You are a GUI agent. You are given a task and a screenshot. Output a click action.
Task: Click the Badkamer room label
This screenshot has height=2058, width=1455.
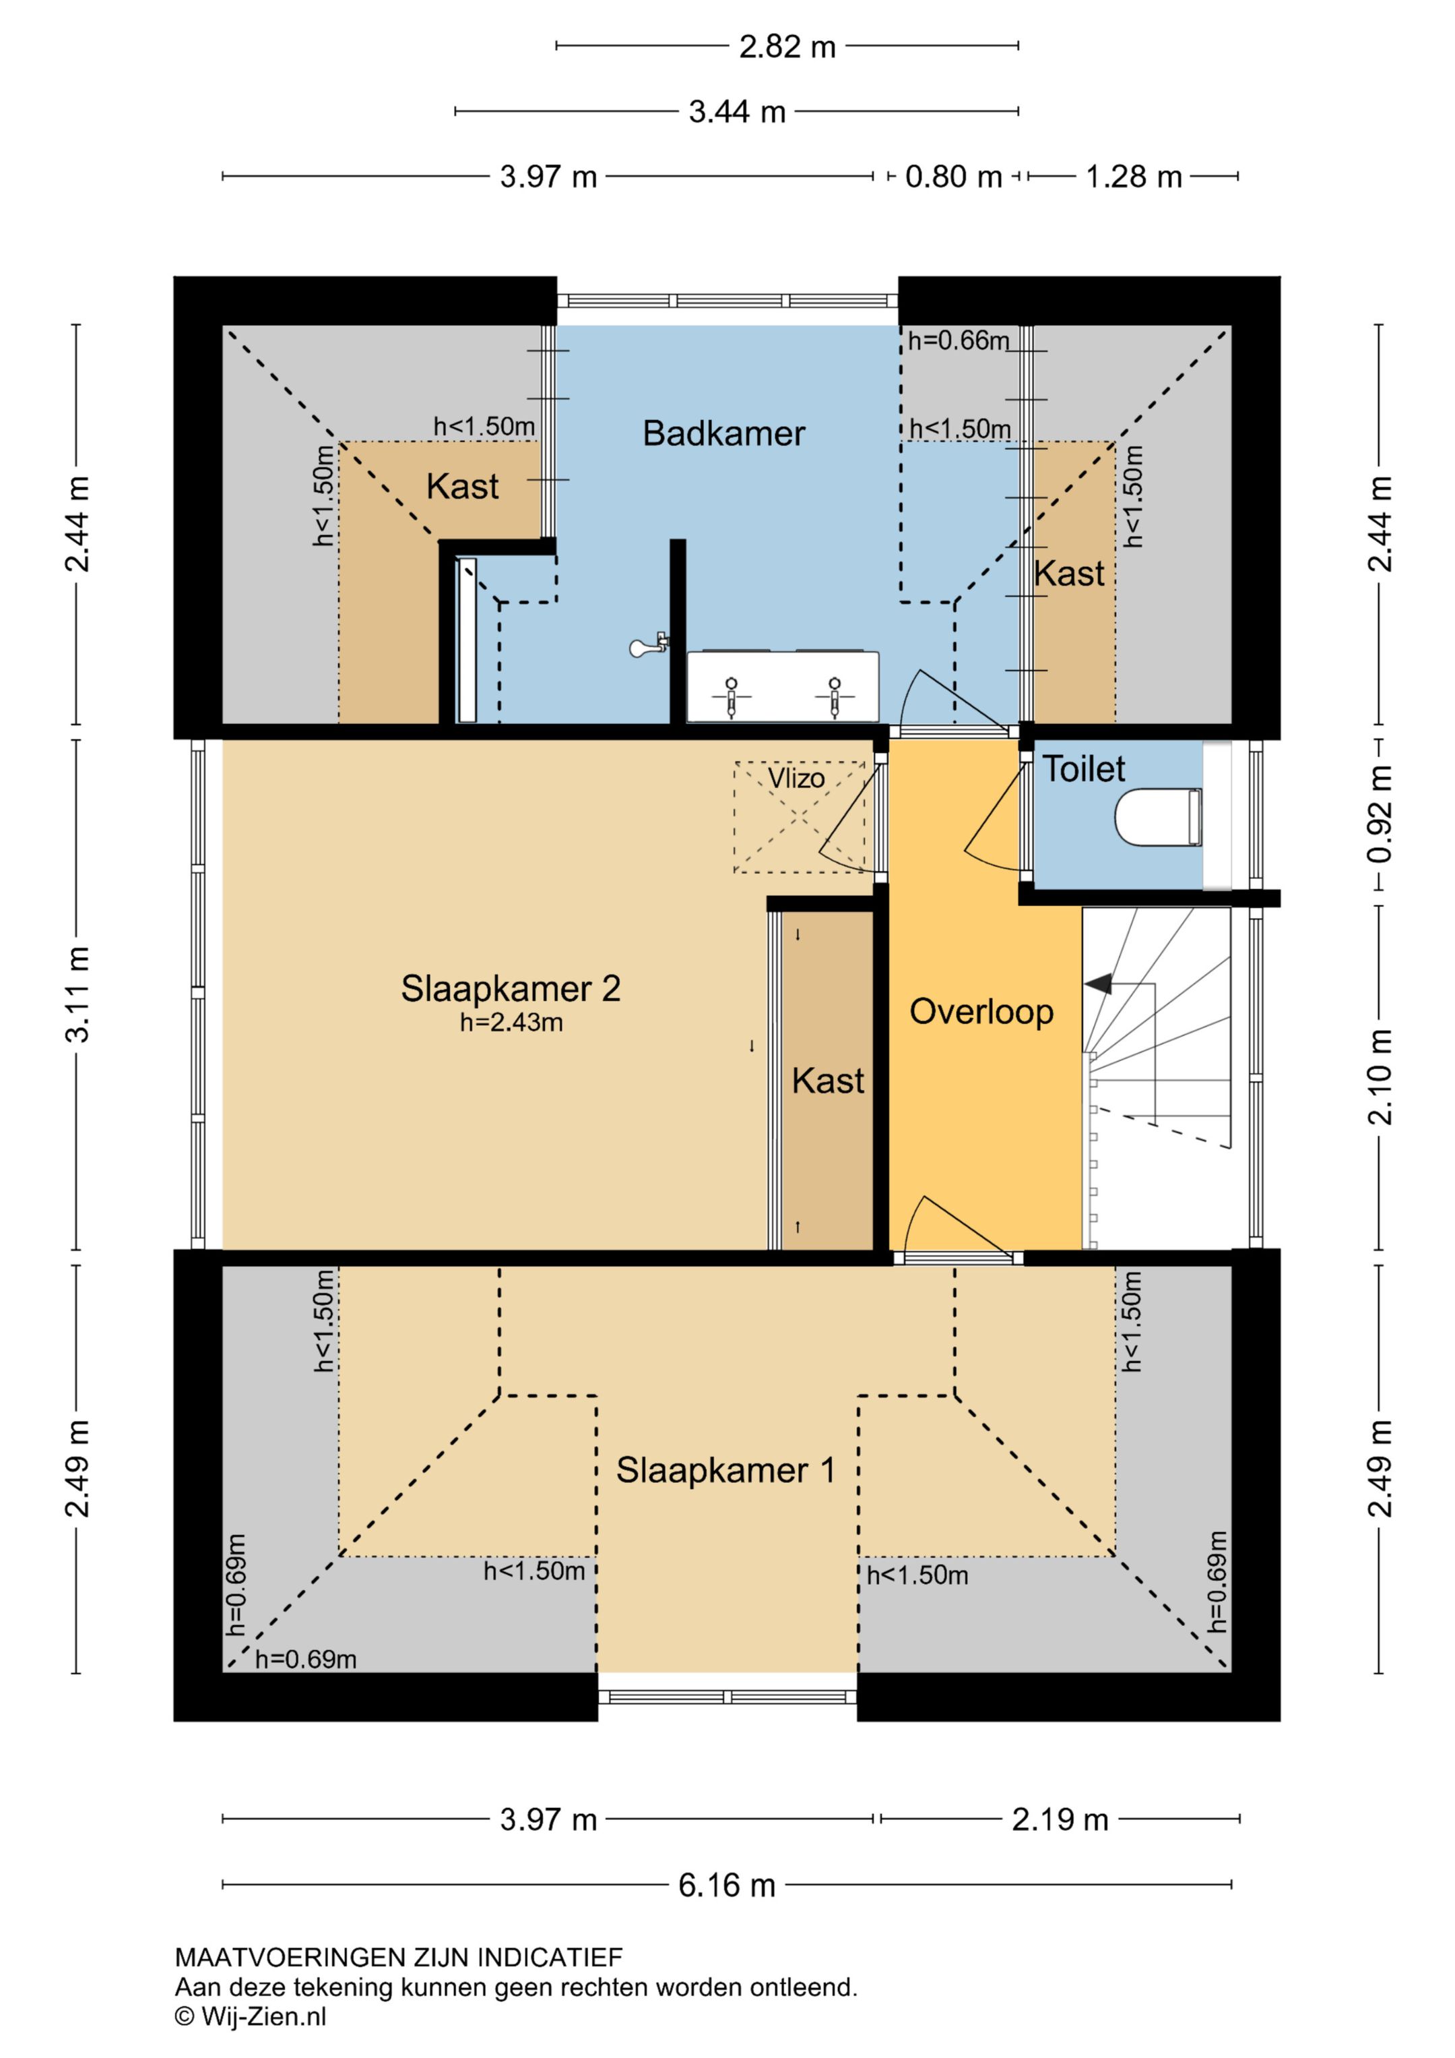coord(724,434)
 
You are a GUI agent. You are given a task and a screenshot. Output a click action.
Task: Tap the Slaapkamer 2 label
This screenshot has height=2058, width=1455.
coord(511,989)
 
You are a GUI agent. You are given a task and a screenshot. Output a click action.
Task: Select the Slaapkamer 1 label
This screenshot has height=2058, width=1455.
coord(725,1470)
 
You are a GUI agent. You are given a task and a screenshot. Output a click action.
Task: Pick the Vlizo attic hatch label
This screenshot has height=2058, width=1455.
coord(796,778)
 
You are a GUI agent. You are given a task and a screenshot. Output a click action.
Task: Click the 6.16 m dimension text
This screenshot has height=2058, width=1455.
coord(727,1886)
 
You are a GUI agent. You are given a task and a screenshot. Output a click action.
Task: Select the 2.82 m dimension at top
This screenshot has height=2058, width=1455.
coord(787,47)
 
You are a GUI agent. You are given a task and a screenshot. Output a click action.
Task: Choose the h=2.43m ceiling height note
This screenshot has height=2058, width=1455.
coord(511,1023)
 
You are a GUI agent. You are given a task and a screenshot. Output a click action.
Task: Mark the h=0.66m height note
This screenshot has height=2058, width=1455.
coord(959,340)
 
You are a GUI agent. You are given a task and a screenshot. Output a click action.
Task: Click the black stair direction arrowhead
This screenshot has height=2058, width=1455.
coord(1099,983)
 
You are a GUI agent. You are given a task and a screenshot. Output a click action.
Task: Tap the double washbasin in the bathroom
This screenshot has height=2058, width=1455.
coord(783,685)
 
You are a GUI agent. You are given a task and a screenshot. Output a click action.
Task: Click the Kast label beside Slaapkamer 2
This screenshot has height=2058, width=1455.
coord(828,1081)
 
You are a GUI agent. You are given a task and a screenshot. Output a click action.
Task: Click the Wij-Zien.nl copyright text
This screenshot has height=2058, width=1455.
coord(251,2017)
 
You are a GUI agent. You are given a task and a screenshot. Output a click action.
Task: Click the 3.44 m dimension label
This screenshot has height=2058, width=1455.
coord(738,112)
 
